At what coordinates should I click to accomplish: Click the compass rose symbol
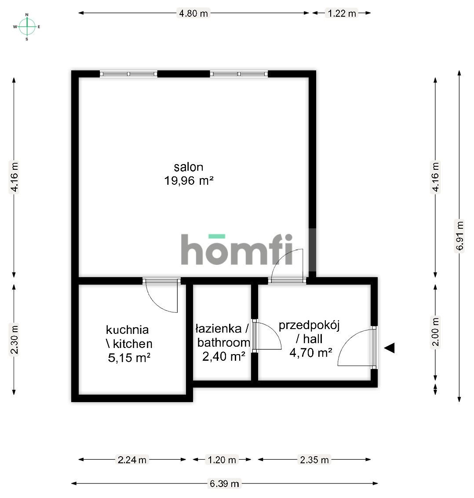(x=27, y=27)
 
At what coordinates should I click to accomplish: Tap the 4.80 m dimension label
(x=193, y=13)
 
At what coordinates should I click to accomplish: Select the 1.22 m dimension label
(x=342, y=13)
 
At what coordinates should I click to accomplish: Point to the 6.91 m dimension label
(x=459, y=236)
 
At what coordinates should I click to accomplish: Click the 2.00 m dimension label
(x=435, y=332)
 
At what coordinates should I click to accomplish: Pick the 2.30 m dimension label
(x=14, y=339)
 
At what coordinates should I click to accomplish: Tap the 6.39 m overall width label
(x=224, y=484)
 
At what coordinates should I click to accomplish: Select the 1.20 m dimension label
(x=222, y=460)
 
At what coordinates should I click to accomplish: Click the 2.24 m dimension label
(x=132, y=460)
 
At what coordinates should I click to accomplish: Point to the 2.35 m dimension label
(x=314, y=460)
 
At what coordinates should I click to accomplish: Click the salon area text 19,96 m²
(x=189, y=181)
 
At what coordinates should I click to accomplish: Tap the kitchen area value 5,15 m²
(x=129, y=358)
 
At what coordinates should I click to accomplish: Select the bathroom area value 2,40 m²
(x=223, y=356)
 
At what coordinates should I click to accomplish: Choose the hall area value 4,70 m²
(x=311, y=352)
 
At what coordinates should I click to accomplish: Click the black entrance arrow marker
(x=390, y=348)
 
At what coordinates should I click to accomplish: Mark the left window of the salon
(x=128, y=74)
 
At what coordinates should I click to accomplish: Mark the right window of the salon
(x=239, y=74)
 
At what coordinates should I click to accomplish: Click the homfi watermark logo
(x=237, y=249)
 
